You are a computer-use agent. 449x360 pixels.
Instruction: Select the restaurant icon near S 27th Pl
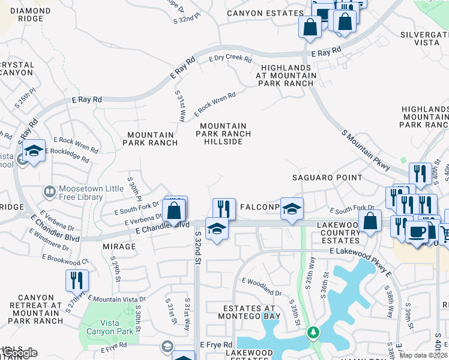pos(77,280)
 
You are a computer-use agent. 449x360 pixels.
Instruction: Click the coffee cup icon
pos(417,231)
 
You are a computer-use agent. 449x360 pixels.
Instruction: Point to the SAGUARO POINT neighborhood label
pos(327,178)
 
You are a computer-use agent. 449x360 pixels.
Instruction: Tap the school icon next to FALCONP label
pos(292,208)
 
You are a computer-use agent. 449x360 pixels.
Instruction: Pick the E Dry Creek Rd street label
pos(230,58)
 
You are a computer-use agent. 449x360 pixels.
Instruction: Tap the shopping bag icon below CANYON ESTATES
pos(310,26)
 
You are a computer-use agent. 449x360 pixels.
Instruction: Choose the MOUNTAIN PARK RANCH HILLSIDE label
pos(223,134)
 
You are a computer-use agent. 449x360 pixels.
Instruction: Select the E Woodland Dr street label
pos(262,286)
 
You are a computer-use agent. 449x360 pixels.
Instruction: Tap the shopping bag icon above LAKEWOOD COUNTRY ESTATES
pos(370,220)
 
